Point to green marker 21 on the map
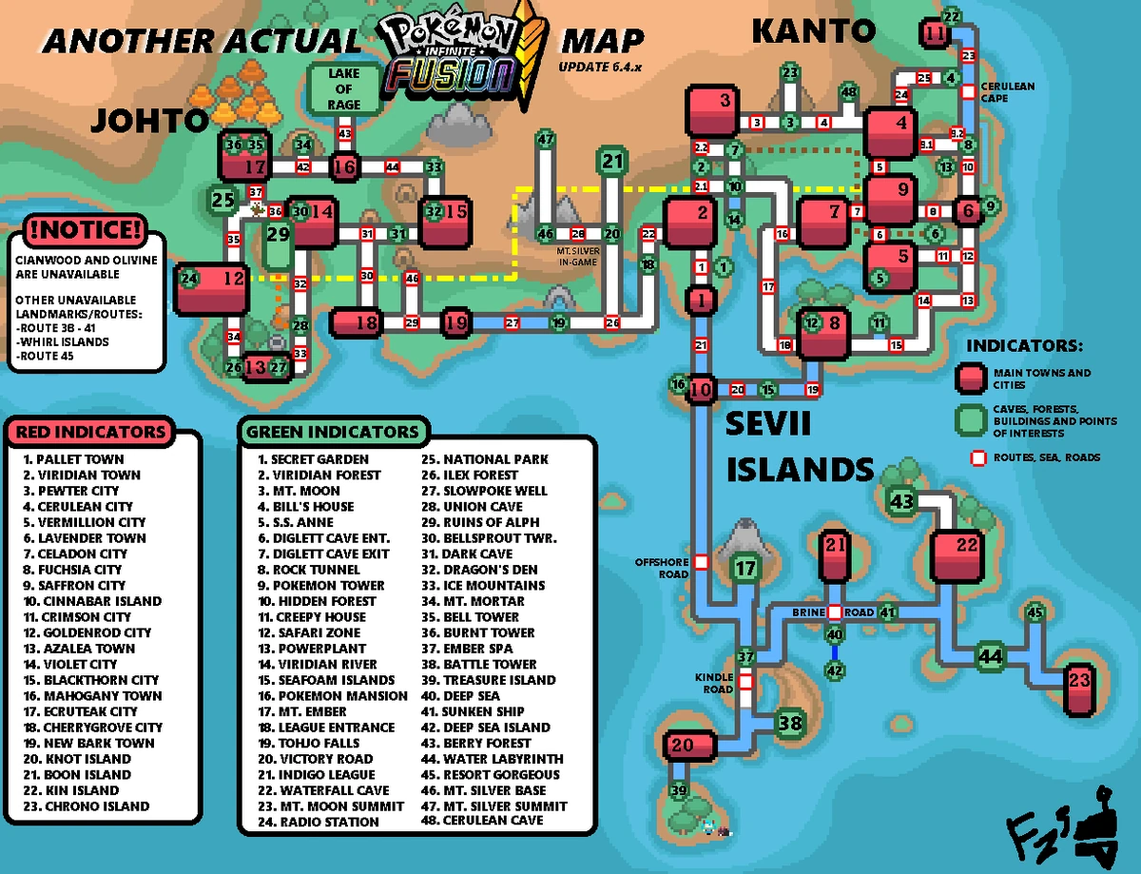coord(613,162)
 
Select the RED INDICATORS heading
coord(90,431)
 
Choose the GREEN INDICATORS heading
coord(332,431)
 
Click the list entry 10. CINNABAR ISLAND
coord(91,601)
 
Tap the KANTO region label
coord(813,30)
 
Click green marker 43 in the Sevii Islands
coord(901,501)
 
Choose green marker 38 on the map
coord(790,724)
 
